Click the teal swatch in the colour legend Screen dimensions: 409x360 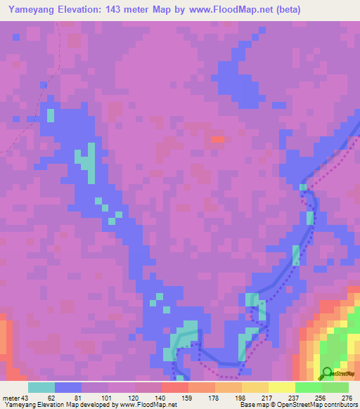click(41, 387)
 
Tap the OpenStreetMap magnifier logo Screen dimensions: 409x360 click(327, 373)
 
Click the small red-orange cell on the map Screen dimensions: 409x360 click(217, 139)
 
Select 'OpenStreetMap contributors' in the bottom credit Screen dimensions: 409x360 click(320, 405)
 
